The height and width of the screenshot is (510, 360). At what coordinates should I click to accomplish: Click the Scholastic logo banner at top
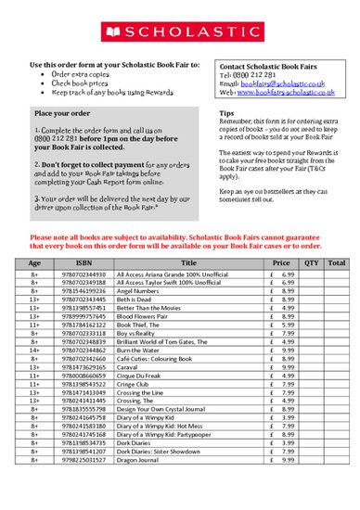180,32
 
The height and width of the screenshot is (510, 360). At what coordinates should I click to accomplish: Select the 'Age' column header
33,263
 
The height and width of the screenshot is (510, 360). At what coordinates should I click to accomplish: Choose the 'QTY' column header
311,263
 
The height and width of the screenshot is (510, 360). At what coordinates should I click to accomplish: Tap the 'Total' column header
337,263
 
